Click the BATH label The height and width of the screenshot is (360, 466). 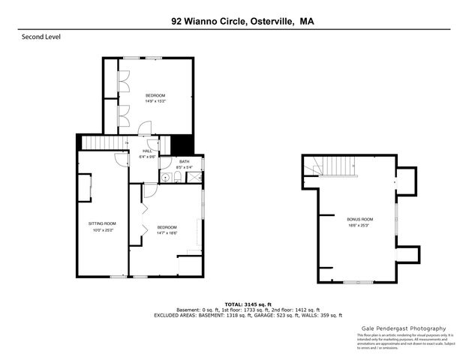185,162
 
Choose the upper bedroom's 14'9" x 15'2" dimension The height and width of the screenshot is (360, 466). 155,101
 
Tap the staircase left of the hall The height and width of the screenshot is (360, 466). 101,142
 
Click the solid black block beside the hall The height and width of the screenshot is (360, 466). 182,143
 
